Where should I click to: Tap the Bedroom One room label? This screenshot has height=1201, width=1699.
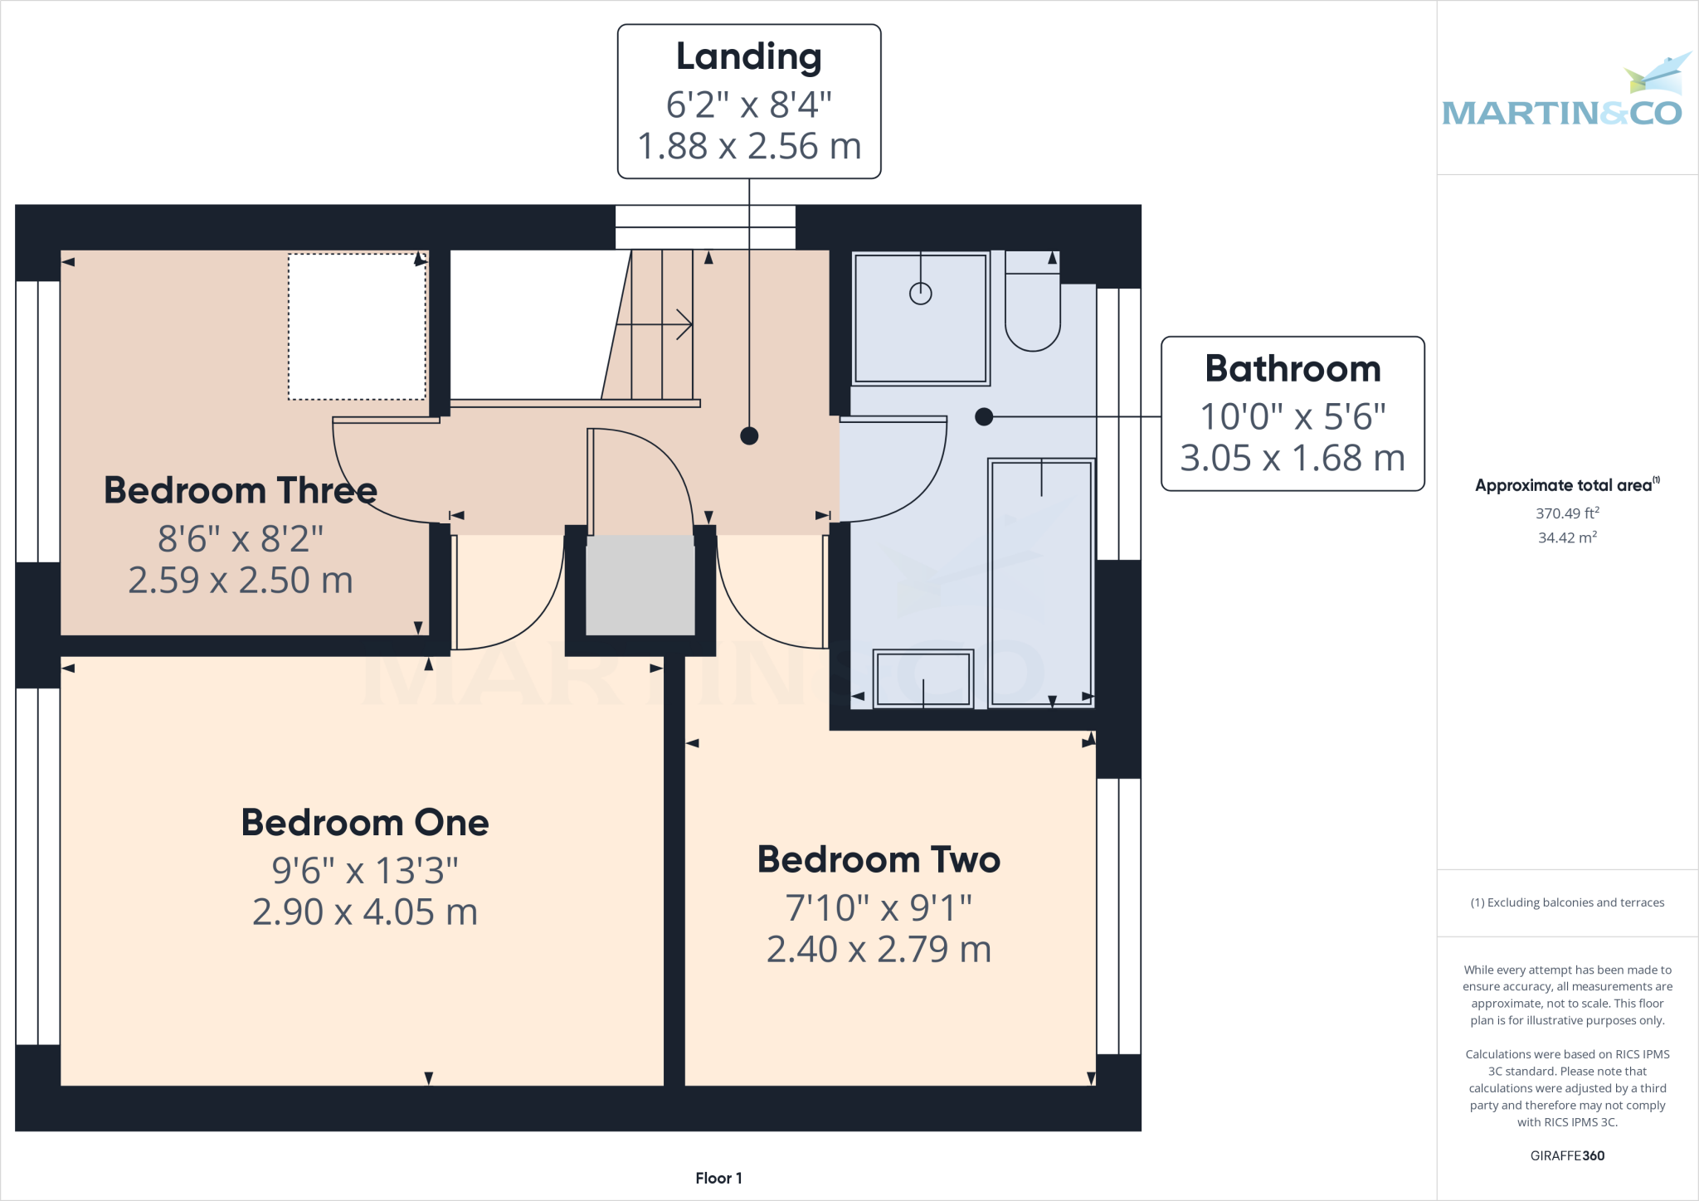coord(365,823)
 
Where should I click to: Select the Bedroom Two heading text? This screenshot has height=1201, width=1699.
coord(879,859)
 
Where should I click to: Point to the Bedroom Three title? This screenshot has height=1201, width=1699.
coord(241,490)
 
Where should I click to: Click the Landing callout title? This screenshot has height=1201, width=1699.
coord(748,57)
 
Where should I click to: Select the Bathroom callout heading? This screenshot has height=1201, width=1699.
coord(1293,369)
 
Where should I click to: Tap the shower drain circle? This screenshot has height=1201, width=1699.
coord(921,293)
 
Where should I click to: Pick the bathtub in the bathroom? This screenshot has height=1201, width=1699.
coord(1041,581)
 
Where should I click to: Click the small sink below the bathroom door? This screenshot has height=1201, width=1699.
coord(923,678)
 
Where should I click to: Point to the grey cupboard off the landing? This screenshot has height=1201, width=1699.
coord(640,585)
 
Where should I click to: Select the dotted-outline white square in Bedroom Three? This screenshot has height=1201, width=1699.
coord(357,327)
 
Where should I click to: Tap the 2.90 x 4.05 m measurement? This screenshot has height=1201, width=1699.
coord(365,912)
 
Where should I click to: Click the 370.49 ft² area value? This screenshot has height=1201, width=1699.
coord(1567,513)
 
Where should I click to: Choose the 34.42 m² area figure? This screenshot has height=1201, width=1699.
coord(1567,537)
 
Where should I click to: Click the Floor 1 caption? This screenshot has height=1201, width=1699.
coord(718,1178)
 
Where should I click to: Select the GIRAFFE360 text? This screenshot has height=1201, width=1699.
coord(1567,1155)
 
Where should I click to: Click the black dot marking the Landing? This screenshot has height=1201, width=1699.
coord(749,435)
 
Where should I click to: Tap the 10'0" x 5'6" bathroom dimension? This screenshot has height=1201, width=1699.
coord(1293,417)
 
